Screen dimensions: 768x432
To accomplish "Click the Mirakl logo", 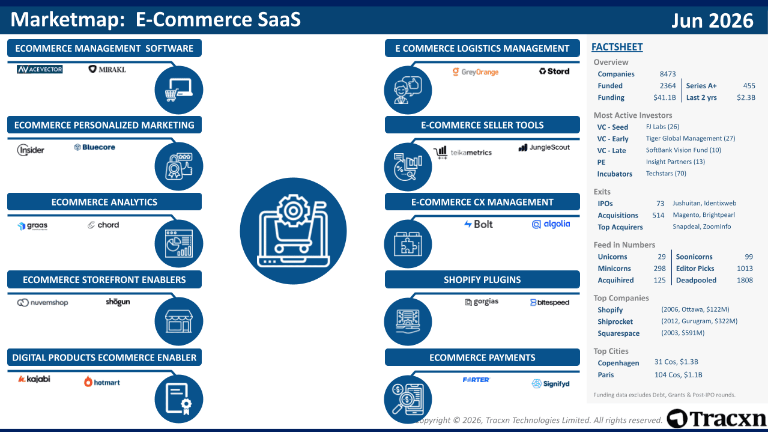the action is (x=107, y=69).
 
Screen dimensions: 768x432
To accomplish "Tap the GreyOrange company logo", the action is (x=475, y=71).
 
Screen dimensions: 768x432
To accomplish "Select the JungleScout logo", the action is (x=544, y=148).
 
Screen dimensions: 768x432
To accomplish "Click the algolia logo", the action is (x=551, y=224).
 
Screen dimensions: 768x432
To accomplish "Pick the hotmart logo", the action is (x=102, y=382).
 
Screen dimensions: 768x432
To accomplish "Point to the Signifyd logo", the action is (x=550, y=383).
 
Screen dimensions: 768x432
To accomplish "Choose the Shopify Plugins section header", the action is (x=482, y=279).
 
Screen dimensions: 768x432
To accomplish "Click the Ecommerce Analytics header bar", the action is (x=104, y=202).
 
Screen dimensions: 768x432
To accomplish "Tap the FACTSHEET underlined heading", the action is (x=617, y=47).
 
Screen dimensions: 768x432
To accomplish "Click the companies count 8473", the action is (x=668, y=74).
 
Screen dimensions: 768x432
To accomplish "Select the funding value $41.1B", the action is (x=665, y=97).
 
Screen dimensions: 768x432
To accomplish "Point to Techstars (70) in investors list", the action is (x=666, y=174).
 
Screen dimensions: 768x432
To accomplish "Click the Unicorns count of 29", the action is (x=661, y=257).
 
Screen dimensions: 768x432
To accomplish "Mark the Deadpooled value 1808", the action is (x=745, y=280).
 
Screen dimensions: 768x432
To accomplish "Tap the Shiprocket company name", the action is (x=615, y=321).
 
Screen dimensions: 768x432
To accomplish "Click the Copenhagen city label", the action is (x=618, y=363).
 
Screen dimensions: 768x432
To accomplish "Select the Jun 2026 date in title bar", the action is (x=712, y=20).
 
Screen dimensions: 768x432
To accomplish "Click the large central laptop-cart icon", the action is (x=293, y=231).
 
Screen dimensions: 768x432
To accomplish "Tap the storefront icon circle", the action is (x=178, y=321).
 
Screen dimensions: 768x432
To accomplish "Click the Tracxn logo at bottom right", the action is (x=716, y=419).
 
